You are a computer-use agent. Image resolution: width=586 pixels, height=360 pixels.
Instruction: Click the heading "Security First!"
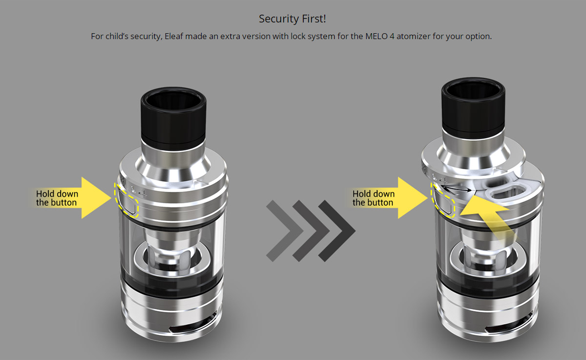click(x=292, y=19)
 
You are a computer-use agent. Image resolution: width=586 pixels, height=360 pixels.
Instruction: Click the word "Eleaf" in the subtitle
click(x=174, y=36)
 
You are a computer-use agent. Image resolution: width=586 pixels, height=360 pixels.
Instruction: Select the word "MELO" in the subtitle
click(x=376, y=36)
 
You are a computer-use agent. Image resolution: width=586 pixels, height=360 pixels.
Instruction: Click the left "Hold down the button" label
click(x=57, y=198)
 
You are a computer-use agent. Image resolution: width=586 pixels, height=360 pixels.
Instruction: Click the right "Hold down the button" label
click(x=373, y=198)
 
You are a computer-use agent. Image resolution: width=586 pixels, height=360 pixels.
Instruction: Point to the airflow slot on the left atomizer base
click(x=192, y=327)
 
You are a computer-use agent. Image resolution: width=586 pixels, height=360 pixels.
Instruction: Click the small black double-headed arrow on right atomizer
click(x=456, y=189)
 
